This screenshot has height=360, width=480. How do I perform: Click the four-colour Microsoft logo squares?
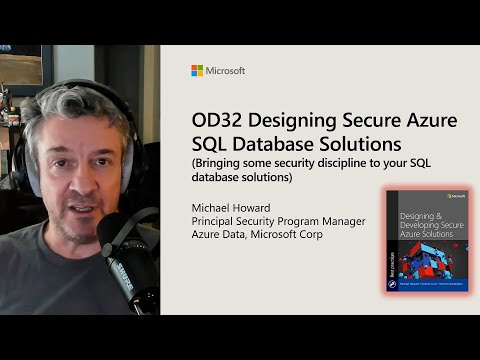pyautogui.click(x=196, y=71)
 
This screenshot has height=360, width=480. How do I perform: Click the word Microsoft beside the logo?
pyautogui.click(x=225, y=71)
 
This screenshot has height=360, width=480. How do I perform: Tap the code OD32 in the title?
pyautogui.click(x=216, y=120)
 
